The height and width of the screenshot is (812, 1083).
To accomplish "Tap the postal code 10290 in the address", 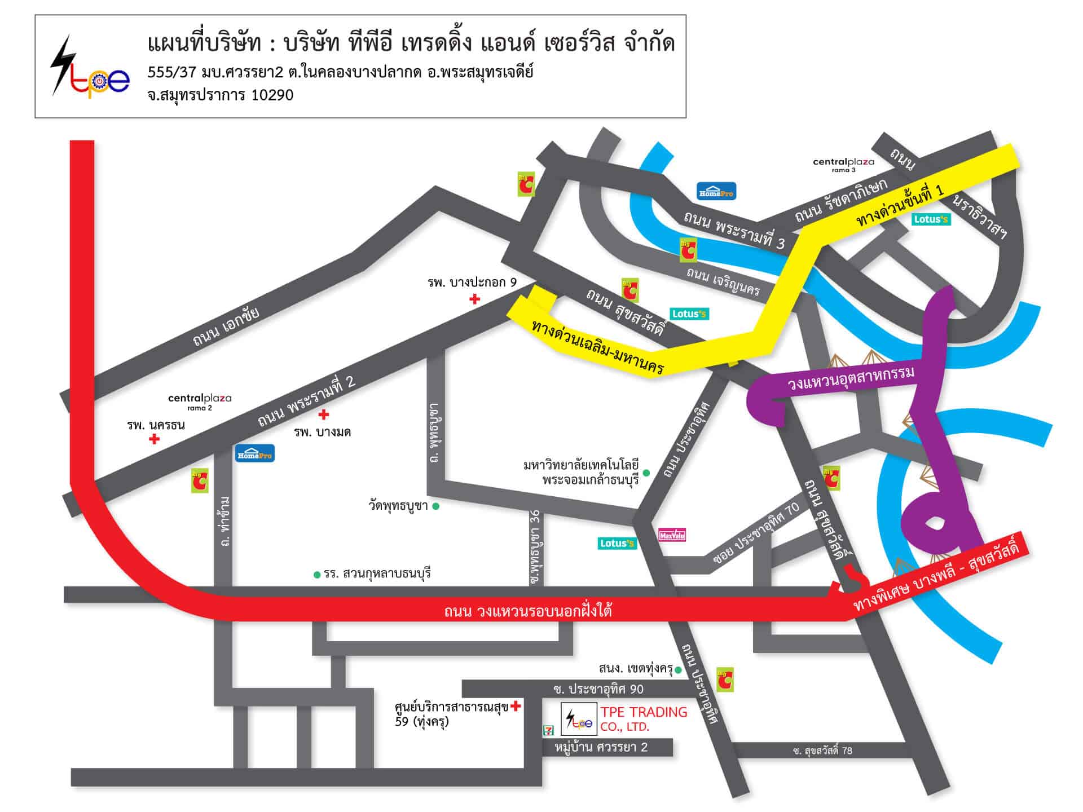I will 272,95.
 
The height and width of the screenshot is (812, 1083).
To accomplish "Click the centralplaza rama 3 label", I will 843,164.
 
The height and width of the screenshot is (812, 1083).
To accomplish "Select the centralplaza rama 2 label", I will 200,401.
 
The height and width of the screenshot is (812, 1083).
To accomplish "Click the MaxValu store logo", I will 672,535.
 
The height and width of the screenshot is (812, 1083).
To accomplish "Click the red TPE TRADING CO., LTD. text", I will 644,719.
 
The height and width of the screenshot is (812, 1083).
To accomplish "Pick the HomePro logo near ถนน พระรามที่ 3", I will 716,191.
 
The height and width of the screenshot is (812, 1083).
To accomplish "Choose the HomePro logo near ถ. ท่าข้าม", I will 255,453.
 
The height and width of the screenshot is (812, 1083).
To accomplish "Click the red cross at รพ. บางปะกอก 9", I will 475,299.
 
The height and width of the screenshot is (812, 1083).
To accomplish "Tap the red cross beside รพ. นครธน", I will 154,439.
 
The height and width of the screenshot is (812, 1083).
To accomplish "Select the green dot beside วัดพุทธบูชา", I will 436,506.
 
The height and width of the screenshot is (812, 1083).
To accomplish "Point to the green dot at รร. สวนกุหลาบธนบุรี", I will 317,575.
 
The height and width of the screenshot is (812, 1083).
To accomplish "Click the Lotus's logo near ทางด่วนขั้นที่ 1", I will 931,219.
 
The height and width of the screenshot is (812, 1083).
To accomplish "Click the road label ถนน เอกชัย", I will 226,327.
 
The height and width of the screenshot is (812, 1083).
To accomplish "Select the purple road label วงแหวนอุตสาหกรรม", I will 851,377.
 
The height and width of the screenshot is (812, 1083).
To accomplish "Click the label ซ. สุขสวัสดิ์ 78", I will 822,751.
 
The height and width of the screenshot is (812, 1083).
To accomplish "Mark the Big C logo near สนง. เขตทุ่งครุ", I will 725,680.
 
